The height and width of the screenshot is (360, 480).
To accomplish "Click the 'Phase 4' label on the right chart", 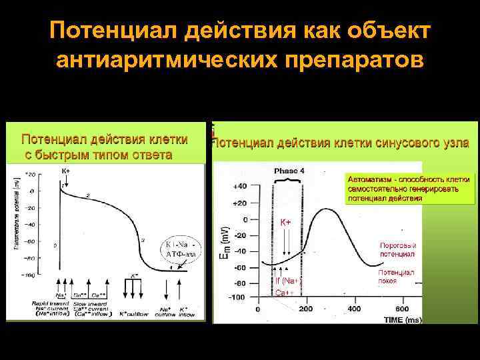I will (x=289, y=171).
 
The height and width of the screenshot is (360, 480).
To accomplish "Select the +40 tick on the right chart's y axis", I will (x=239, y=186).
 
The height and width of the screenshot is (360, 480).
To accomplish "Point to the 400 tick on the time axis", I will (x=354, y=309).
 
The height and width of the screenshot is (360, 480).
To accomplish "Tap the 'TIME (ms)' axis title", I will (x=403, y=320).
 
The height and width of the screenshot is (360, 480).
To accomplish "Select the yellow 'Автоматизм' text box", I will (x=408, y=189).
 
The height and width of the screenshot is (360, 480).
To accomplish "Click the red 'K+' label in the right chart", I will (x=285, y=222).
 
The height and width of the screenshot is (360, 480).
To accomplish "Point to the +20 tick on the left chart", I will (x=31, y=175).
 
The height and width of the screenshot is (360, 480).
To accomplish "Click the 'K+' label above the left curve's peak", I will (x=65, y=171).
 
